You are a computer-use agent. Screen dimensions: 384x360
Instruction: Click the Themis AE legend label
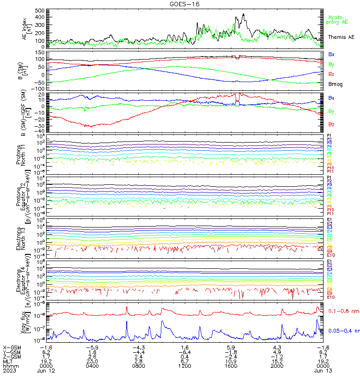tap(341, 37)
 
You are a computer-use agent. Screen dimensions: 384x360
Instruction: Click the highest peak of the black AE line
tap(244, 14)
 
